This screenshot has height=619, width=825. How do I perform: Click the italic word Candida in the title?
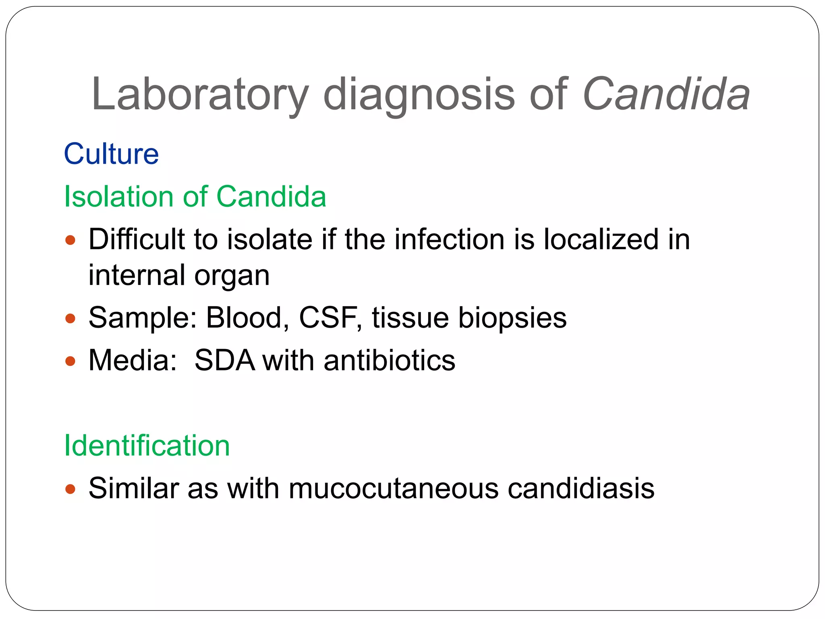666,95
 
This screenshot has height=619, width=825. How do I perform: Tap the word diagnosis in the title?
419,95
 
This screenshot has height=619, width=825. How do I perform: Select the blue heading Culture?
112,154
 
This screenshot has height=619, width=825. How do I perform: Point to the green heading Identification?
147,446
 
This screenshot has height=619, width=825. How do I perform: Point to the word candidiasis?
581,488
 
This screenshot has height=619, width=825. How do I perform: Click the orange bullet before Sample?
70,319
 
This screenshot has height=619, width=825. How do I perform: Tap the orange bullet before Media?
70,361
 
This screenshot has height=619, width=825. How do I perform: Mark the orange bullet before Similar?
70,489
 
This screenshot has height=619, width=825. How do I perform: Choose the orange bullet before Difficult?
70,241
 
